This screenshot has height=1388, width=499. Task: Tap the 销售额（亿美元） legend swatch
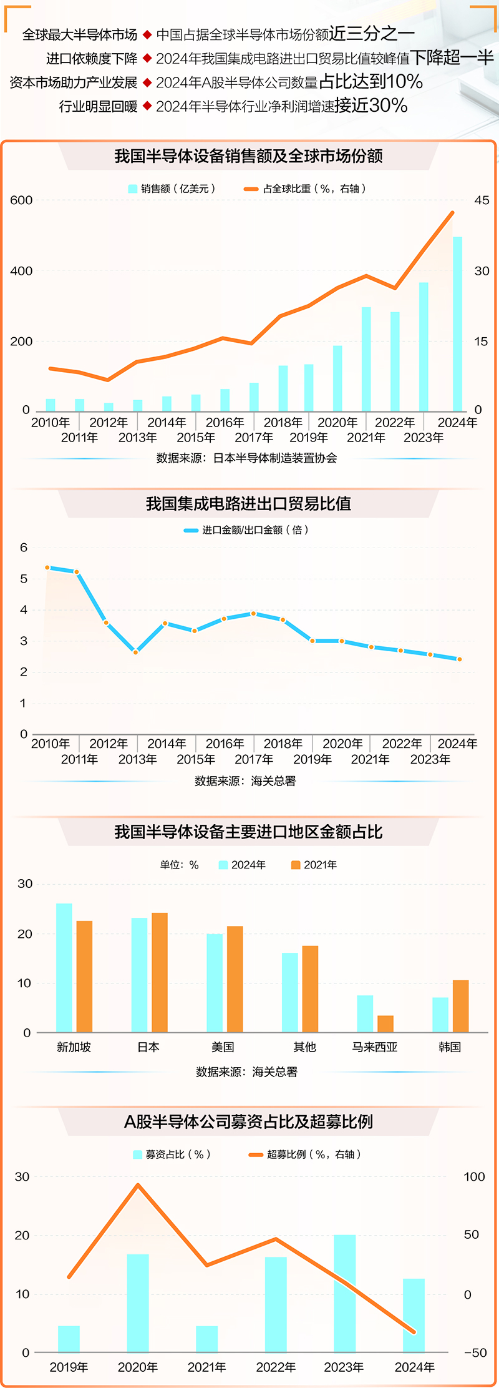click(132, 189)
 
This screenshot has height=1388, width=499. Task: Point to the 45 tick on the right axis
click(482, 200)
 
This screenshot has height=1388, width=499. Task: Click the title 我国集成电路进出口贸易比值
click(248, 504)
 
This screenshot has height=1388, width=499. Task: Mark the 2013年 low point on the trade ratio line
click(136, 652)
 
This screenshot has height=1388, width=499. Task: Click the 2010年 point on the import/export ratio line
click(47, 568)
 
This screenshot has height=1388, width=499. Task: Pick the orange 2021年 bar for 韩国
click(460, 1006)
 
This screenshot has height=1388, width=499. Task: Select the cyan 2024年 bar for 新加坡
click(64, 967)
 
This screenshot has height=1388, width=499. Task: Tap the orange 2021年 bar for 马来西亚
click(385, 1023)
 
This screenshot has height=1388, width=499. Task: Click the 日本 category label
click(148, 1047)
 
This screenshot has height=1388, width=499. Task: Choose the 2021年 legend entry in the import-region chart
click(314, 865)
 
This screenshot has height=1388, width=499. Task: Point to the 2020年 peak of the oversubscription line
click(138, 1185)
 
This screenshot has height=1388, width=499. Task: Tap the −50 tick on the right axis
click(475, 1352)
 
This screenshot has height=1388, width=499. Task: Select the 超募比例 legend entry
click(306, 1154)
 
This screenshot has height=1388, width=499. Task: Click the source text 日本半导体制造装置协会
click(274, 458)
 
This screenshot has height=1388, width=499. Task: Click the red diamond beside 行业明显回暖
click(147, 106)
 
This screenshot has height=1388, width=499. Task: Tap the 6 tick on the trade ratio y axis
click(24, 548)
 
